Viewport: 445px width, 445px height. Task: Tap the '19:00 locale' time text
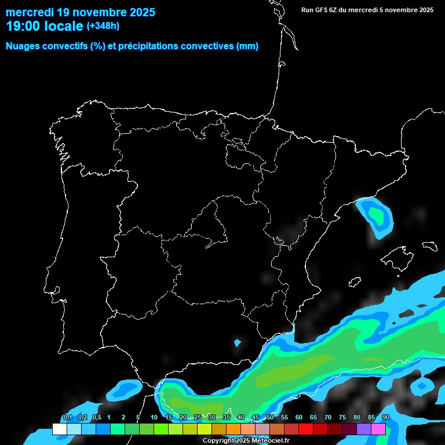click(x=45, y=26)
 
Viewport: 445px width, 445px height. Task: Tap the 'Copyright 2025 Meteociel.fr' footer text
click(x=246, y=441)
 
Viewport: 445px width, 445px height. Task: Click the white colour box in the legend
click(x=59, y=429)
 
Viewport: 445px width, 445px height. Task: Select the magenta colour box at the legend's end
click(x=378, y=429)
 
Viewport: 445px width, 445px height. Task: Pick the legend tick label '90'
click(x=386, y=418)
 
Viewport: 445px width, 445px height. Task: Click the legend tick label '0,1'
click(x=67, y=418)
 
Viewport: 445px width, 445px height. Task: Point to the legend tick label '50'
click(x=270, y=418)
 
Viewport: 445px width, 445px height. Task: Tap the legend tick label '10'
click(x=154, y=418)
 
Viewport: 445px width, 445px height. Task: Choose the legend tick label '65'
click(x=313, y=418)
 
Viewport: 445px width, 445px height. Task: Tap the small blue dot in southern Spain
click(x=237, y=342)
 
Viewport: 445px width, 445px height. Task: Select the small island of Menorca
click(x=429, y=245)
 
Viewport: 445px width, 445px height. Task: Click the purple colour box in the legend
click(x=364, y=429)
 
